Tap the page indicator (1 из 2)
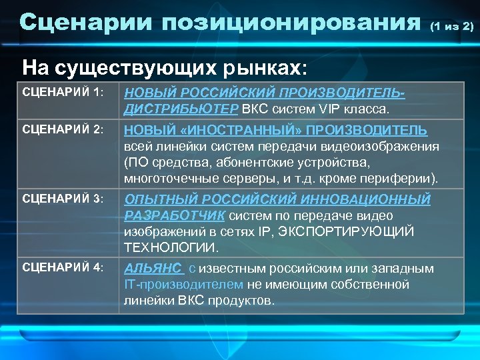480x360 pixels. [451, 27]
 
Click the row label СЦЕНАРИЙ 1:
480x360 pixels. [63, 93]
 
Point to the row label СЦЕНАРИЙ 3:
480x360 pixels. [63, 199]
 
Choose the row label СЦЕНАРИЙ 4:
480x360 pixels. [63, 268]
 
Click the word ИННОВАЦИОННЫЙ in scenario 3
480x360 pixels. [366, 199]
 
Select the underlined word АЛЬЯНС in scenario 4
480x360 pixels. [153, 269]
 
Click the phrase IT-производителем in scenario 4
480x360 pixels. [184, 285]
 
